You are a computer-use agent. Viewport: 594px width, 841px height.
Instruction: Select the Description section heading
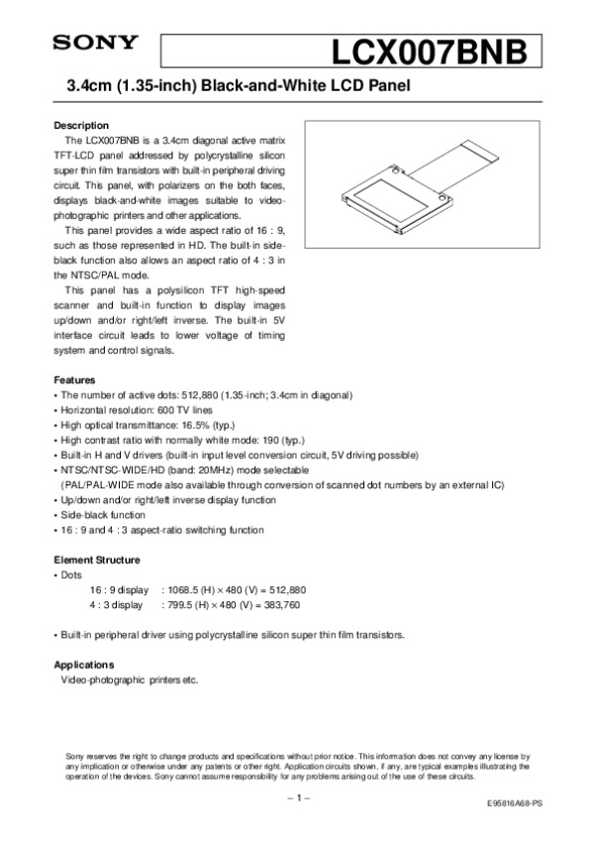80,126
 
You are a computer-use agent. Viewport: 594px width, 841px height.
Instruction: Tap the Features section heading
74,379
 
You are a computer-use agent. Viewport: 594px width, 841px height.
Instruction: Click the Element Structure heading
97,559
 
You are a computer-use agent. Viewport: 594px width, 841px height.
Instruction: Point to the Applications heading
83,664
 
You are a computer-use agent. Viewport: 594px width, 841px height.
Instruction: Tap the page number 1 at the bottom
297,798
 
